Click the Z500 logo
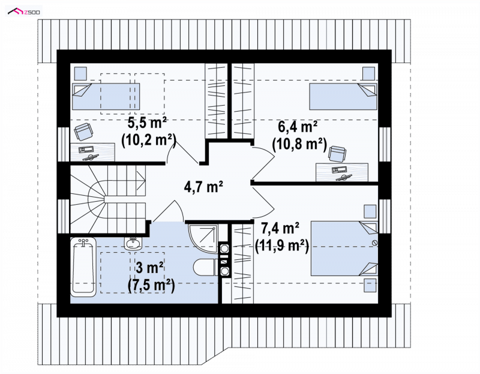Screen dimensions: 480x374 point(25,11)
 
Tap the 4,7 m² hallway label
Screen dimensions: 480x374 point(203,186)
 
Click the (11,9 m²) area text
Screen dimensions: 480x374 point(281,245)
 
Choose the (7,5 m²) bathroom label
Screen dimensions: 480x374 point(151,286)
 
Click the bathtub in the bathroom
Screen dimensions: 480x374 point(83,267)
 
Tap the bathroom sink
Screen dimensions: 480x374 point(133,243)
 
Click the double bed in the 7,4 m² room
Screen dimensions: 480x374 point(344,249)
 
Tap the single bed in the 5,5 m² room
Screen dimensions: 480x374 point(106,96)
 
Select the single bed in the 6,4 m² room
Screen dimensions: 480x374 point(343,96)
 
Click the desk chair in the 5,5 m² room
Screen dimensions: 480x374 point(83,131)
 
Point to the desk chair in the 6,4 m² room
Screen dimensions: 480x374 point(337,154)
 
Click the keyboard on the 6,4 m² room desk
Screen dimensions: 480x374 point(339,169)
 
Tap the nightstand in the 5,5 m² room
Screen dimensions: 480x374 point(80,73)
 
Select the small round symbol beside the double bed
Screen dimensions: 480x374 point(374,243)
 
